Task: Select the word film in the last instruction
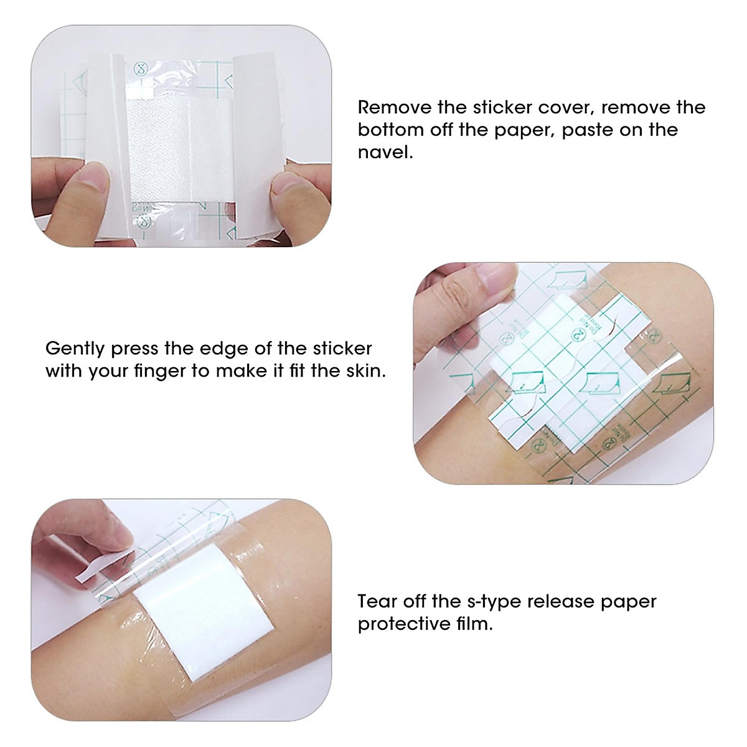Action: [476, 624]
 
